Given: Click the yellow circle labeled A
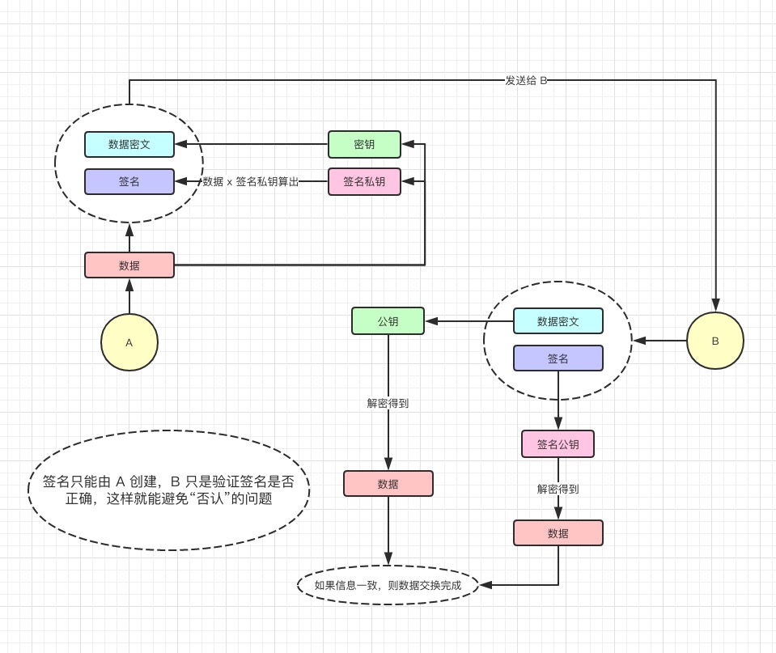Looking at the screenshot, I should pyautogui.click(x=129, y=342).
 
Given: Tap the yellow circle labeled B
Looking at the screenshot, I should pyautogui.click(x=715, y=341).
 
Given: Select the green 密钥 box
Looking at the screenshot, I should pyautogui.click(x=364, y=144).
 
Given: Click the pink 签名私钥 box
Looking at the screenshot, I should pyautogui.click(x=364, y=181).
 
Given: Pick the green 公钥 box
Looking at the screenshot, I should pyautogui.click(x=388, y=320).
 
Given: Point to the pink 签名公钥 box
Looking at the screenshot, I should pyautogui.click(x=558, y=443).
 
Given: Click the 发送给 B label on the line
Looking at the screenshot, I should pyautogui.click(x=526, y=80).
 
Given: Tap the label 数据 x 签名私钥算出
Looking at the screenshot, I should pyautogui.click(x=250, y=181).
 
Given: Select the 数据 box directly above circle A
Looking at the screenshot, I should pyautogui.click(x=129, y=265).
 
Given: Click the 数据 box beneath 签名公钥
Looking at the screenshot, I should pyautogui.click(x=558, y=532).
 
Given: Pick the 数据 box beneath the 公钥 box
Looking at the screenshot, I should pyautogui.click(x=388, y=483).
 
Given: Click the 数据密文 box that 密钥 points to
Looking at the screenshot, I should pyautogui.click(x=129, y=144).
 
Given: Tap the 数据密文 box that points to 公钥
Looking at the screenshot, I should pyautogui.click(x=558, y=320).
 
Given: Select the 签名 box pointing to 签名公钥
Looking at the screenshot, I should pyautogui.click(x=558, y=358).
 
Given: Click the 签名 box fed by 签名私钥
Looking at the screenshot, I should pyautogui.click(x=129, y=181).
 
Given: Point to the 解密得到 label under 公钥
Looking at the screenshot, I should pyautogui.click(x=388, y=403).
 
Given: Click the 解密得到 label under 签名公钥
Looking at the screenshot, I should pyautogui.click(x=558, y=489).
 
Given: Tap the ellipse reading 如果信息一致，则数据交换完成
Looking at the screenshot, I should pyautogui.click(x=388, y=584).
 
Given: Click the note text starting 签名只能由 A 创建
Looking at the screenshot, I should pyautogui.click(x=168, y=490).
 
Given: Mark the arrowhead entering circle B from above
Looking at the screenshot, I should pyautogui.click(x=715, y=305).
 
